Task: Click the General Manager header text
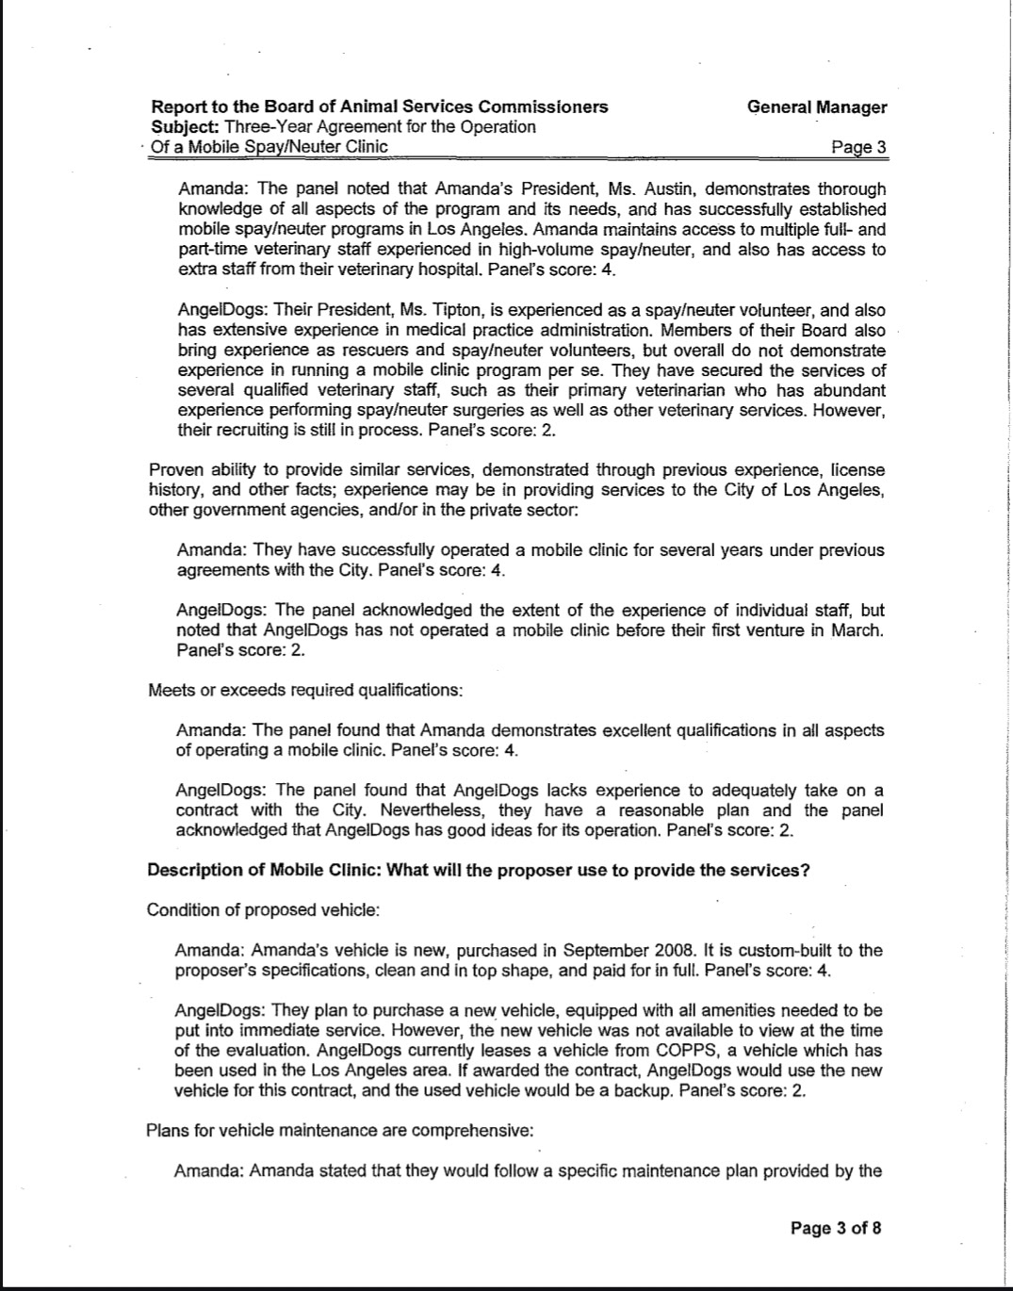816,106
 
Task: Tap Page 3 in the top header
858,147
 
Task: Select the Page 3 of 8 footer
836,1228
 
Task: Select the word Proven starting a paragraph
175,470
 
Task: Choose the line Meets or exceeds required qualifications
305,690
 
